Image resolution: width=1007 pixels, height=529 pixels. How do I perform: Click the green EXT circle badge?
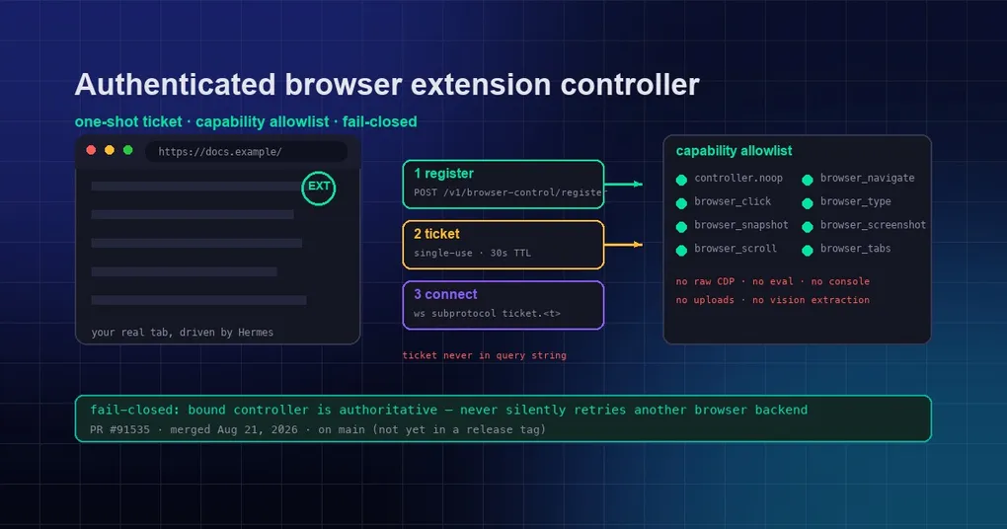point(319,173)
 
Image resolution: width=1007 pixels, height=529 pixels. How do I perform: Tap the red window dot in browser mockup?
point(91,150)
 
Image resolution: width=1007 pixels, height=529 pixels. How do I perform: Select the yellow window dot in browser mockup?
point(110,150)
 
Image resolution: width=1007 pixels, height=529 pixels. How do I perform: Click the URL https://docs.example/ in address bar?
point(219,152)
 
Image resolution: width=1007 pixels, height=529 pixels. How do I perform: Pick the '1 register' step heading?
point(444,174)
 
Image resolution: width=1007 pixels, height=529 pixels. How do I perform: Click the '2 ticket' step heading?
point(436,234)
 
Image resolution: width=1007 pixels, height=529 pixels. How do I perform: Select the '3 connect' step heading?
point(445,294)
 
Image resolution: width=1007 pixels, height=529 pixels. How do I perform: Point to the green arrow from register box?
point(623,185)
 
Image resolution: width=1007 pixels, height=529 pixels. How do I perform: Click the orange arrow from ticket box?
point(623,245)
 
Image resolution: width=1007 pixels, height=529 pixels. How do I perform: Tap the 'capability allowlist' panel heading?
point(734,151)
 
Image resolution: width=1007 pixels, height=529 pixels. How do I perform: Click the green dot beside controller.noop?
point(681,180)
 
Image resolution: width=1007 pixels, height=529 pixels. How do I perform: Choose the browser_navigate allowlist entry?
point(867,179)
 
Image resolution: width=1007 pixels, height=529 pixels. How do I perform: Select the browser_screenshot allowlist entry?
point(873,225)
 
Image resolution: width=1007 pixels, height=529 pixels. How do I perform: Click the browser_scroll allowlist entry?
point(736,249)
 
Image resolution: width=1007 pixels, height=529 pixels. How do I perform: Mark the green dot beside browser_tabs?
point(808,251)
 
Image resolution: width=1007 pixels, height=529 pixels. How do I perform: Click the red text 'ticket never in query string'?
point(484,355)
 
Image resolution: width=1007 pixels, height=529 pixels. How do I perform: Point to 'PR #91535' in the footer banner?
point(119,429)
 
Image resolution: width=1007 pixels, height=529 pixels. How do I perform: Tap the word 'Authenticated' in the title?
point(176,85)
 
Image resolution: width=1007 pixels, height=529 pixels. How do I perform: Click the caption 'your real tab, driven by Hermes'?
point(183,333)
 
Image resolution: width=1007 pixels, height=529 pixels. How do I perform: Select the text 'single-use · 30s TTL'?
point(472,253)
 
